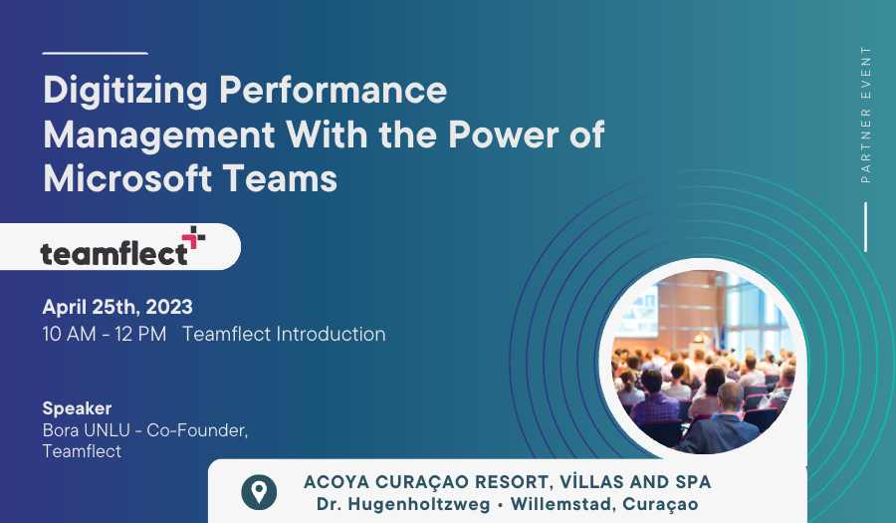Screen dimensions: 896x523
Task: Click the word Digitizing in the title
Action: pos(125,91)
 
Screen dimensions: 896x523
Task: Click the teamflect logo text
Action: pos(113,253)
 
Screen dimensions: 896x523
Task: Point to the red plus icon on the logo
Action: pos(194,238)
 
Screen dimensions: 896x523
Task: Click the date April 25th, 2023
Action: pos(117,307)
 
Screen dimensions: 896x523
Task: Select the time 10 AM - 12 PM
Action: pos(104,334)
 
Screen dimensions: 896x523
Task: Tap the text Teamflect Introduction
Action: pos(284,334)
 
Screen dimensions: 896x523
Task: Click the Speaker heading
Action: pos(77,408)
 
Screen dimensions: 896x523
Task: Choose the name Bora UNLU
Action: pos(86,429)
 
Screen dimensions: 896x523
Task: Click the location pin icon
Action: pos(259,492)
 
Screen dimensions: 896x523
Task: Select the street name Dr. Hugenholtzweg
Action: pos(403,504)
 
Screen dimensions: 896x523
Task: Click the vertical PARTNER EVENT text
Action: pos(866,115)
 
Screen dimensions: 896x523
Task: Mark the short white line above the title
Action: pos(95,53)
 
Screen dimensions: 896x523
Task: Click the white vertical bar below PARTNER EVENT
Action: pos(866,227)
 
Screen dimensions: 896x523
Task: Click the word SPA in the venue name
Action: pos(693,482)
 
